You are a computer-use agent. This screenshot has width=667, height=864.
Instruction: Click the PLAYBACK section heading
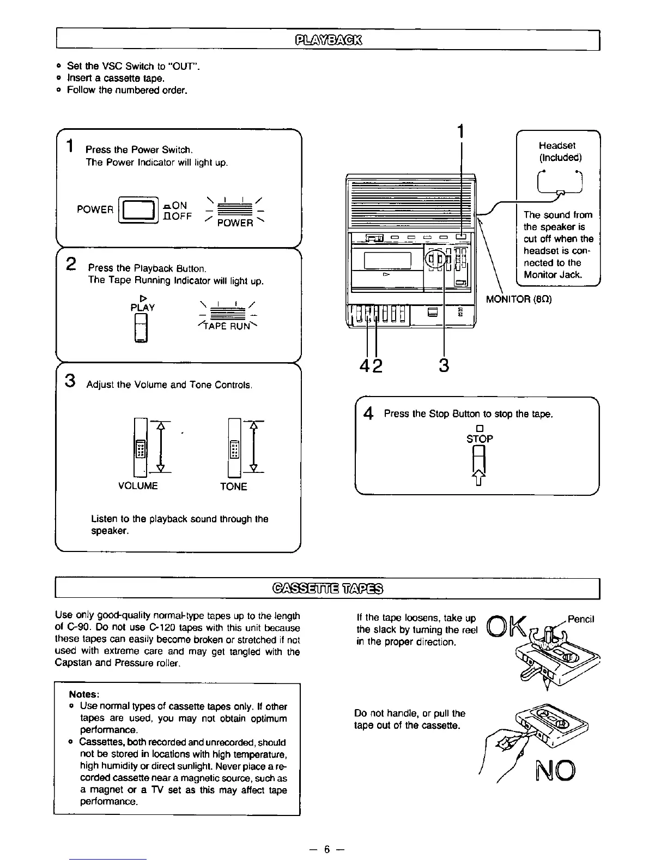point(330,40)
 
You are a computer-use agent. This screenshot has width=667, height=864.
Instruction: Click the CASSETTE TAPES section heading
point(327,589)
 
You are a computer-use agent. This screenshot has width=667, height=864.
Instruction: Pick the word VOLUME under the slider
point(138,486)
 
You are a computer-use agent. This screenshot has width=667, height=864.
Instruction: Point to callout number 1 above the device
point(461,131)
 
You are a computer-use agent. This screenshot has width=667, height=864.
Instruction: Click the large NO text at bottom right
point(553,770)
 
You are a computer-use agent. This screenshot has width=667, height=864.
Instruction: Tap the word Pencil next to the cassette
point(580,619)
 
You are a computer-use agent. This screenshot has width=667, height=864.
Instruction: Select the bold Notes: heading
point(84,694)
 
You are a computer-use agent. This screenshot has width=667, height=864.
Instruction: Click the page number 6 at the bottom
point(326,849)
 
